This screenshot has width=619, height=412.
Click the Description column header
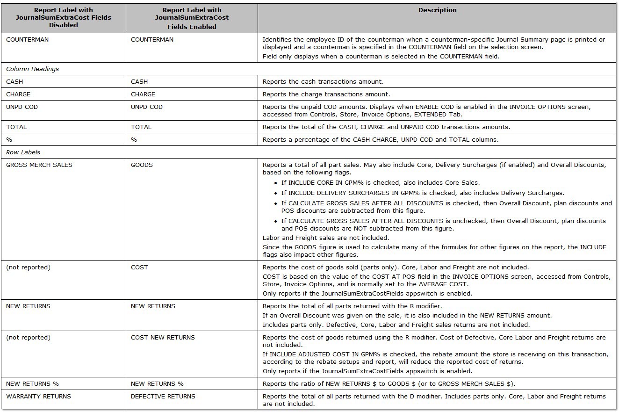point(437,10)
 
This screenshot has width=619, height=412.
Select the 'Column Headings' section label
point(32,69)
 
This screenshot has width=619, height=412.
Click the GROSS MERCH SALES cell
point(39,165)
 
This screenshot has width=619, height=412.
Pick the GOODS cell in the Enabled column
point(142,165)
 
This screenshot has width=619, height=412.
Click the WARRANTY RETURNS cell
point(38,396)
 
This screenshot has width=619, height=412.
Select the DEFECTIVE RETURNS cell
point(163,396)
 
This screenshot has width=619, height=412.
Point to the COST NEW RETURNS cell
point(163,337)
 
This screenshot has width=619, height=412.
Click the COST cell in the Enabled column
point(139,267)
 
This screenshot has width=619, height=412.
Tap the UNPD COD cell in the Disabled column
point(22,107)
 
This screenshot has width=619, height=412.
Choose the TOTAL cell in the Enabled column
point(141,127)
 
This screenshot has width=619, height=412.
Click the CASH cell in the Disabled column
point(14,81)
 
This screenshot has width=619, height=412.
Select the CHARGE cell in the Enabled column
point(143,94)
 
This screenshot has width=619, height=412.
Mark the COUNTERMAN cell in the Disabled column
point(27,39)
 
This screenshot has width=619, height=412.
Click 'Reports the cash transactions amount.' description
point(323,81)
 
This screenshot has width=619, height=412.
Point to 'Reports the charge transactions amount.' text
point(326,94)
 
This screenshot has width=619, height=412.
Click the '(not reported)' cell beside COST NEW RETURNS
point(28,337)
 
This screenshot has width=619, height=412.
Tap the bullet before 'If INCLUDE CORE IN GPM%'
point(276,183)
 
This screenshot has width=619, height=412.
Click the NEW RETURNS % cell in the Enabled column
point(157,383)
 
